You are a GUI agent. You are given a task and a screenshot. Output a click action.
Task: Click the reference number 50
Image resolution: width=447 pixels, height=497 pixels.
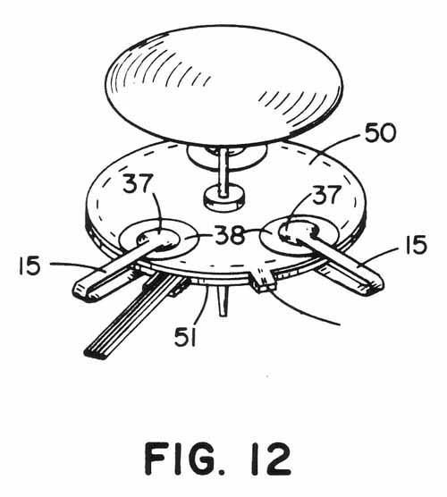[380, 133]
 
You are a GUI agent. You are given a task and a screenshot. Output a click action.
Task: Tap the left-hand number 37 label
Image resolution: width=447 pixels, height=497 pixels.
[137, 183]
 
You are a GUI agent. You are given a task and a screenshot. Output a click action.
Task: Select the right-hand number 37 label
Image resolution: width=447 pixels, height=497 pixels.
[327, 194]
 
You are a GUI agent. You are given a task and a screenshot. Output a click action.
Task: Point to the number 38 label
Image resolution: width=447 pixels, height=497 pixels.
[230, 234]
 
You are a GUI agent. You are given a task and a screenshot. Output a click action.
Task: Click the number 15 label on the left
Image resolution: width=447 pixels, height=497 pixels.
[30, 265]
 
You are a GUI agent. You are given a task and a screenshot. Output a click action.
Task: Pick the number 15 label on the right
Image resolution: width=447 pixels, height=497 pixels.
[416, 244]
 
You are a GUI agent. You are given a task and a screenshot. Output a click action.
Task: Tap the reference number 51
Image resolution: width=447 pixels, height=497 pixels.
[186, 337]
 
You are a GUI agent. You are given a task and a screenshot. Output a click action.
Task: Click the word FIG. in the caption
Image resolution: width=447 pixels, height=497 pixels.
[185, 459]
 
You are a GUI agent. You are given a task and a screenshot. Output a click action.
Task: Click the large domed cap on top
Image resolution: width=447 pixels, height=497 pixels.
[223, 83]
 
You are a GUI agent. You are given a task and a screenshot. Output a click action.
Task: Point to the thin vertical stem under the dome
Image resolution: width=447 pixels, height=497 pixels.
[223, 171]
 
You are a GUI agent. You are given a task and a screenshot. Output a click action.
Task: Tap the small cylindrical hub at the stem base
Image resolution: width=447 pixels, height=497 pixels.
[224, 199]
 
